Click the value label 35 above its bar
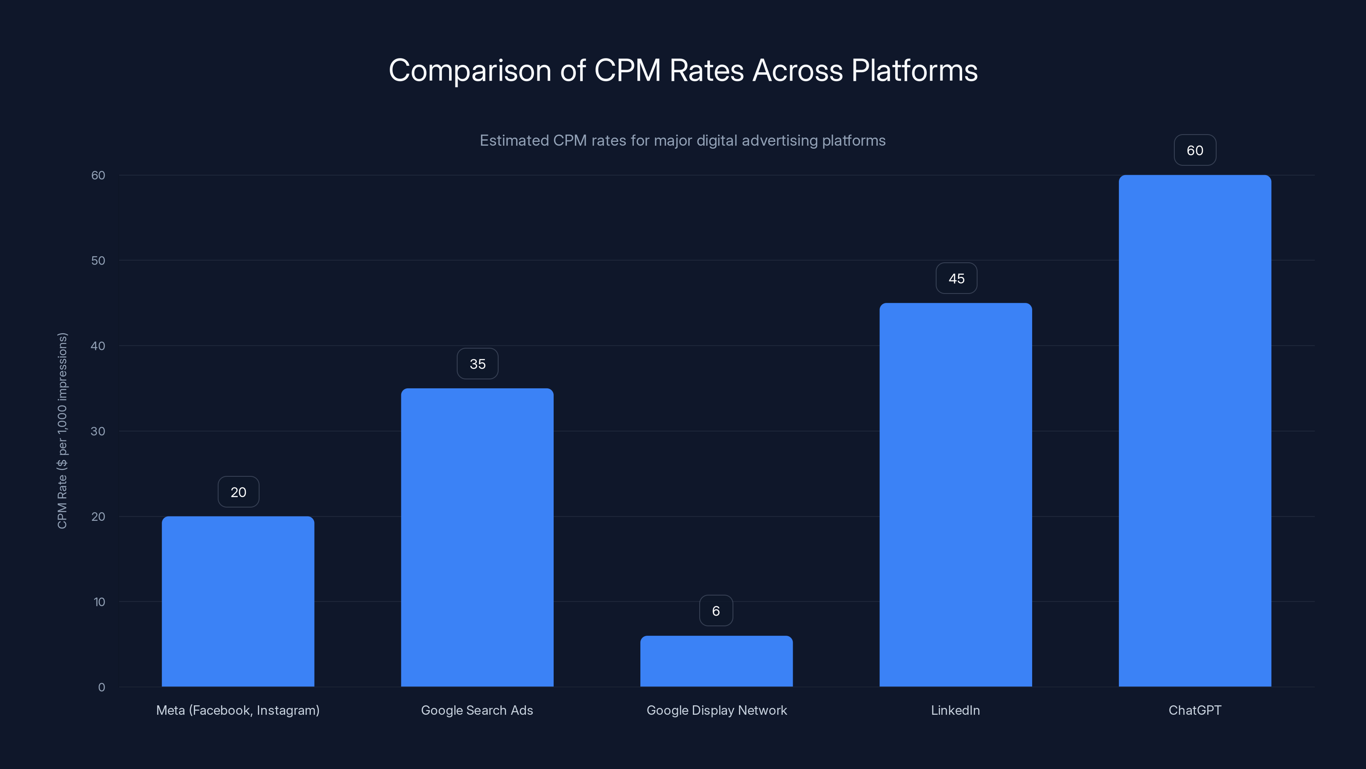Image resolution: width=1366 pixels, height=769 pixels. point(477,364)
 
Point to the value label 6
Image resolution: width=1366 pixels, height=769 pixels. point(716,611)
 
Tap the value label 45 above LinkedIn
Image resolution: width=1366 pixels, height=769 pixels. point(956,279)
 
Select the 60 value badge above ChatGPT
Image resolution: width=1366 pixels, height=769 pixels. point(1195,150)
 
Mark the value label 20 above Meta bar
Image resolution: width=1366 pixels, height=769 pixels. point(238,492)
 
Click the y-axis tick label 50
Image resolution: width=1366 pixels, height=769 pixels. point(98,261)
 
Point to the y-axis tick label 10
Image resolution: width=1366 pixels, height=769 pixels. point(99,602)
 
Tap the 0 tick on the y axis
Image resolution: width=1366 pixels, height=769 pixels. point(101,687)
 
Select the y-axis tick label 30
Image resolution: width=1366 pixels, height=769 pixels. point(98,431)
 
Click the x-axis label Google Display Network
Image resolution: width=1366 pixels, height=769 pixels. point(716,710)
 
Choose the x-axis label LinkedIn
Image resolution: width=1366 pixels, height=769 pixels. point(955,710)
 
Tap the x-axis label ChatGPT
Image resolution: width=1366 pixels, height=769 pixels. point(1195,710)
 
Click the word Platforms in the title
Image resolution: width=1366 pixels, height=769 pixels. point(914,70)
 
